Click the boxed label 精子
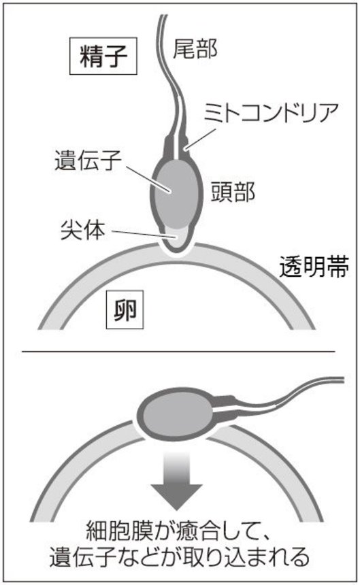(103, 56)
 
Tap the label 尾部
(195, 49)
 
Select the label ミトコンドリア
(272, 112)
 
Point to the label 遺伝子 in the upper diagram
(88, 161)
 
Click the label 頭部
(233, 192)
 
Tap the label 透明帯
(314, 267)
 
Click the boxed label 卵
(125, 310)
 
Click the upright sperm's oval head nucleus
(176, 194)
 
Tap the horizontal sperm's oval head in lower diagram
(175, 414)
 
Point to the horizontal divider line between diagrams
(178, 351)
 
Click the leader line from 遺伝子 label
(148, 180)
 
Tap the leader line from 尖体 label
(143, 234)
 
